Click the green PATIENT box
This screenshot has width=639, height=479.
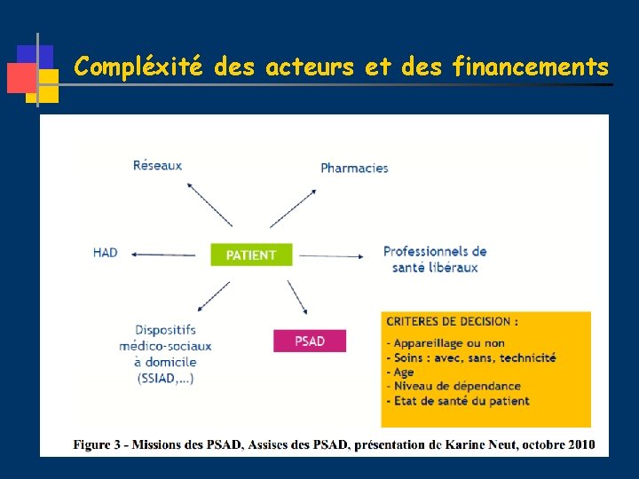click(251, 255)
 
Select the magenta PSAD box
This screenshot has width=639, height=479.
click(309, 341)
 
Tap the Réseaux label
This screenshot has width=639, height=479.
click(157, 165)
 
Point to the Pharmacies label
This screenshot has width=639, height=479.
click(354, 168)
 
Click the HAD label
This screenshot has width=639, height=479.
click(105, 253)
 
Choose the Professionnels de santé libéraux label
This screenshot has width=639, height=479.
click(435, 259)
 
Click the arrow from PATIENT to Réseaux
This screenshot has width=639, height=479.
click(209, 204)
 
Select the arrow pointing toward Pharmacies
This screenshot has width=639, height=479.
click(294, 207)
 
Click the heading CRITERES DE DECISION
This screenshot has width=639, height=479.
click(452, 321)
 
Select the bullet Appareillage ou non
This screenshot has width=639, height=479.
click(446, 343)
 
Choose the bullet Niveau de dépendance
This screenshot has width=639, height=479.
click(454, 386)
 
